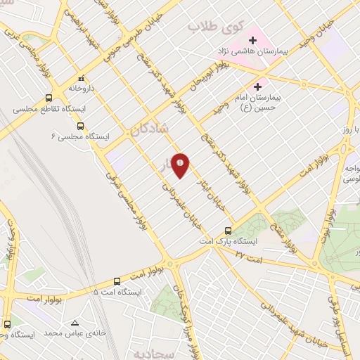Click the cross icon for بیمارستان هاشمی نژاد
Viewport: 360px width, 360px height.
pos(252,41)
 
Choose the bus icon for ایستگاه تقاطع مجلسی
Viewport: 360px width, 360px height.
pos(49,98)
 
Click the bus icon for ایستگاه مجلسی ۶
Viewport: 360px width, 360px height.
pos(80,126)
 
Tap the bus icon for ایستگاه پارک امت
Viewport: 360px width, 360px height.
pos(228,231)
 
